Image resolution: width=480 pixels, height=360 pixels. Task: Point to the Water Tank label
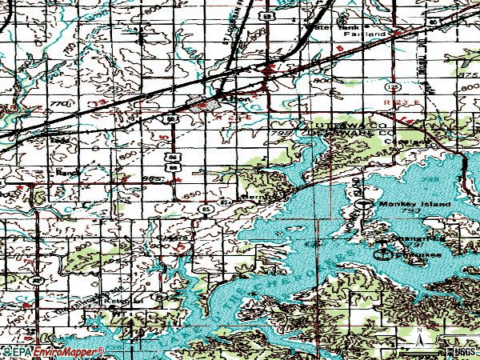click(334, 27)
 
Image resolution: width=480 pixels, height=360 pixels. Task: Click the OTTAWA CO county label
click(342, 126)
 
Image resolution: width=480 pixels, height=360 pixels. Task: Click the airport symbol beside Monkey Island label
click(366, 204)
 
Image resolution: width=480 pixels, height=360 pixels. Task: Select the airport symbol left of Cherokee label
click(385, 254)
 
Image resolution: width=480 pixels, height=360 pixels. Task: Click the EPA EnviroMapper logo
click(52, 351)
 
